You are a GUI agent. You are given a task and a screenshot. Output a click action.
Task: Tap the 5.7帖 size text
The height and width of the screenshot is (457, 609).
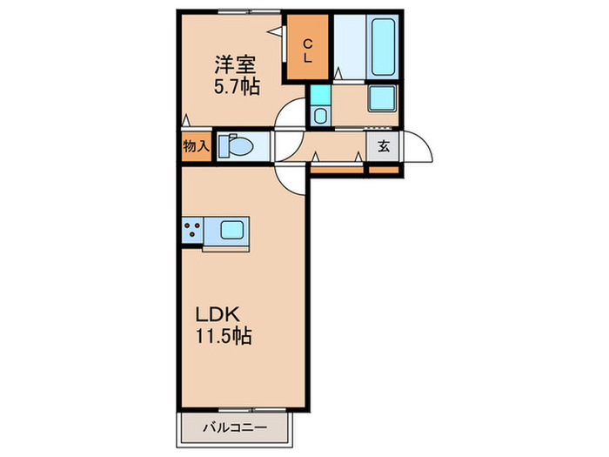(236, 86)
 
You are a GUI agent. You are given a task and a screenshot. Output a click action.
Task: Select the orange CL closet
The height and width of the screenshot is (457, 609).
(309, 49)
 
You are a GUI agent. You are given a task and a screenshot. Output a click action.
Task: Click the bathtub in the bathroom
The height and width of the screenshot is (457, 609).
(383, 45)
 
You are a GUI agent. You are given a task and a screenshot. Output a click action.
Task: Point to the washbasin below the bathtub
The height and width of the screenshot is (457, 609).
(381, 98)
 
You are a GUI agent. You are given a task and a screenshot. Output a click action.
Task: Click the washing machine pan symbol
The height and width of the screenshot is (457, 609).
(319, 115)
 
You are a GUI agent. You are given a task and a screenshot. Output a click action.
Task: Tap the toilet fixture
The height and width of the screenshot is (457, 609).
(236, 146)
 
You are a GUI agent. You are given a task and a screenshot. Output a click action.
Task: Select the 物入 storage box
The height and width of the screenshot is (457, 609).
(196, 146)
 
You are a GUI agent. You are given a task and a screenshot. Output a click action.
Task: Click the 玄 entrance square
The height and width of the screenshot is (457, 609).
(383, 146)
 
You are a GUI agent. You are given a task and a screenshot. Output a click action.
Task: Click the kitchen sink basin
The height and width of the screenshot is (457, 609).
(232, 232)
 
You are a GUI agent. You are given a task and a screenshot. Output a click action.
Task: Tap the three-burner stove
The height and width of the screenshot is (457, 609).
(192, 232)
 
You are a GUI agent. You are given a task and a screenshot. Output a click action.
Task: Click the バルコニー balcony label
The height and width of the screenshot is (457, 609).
(233, 427)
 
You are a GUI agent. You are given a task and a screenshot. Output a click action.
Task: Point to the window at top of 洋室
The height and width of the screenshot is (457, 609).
(235, 11)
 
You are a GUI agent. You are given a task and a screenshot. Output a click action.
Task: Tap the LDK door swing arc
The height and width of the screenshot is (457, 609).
(290, 177)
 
